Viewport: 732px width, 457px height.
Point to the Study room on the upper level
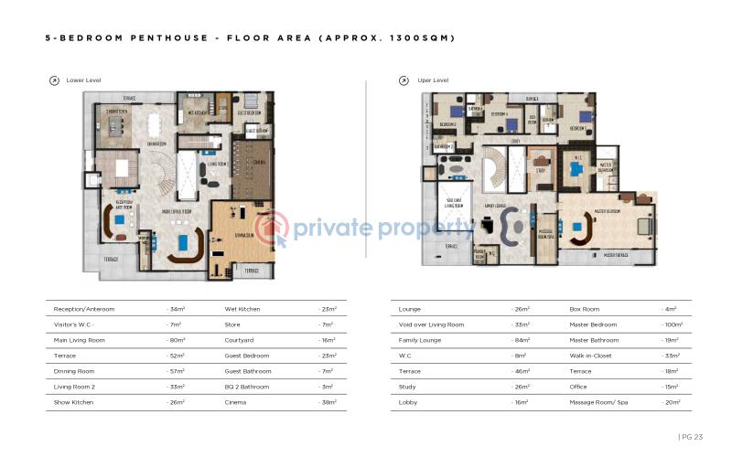(x=541, y=169)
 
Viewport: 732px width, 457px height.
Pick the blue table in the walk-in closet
(x=576, y=168)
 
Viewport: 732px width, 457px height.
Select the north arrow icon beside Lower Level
(x=54, y=80)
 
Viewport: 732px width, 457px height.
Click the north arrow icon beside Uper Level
(x=404, y=80)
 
